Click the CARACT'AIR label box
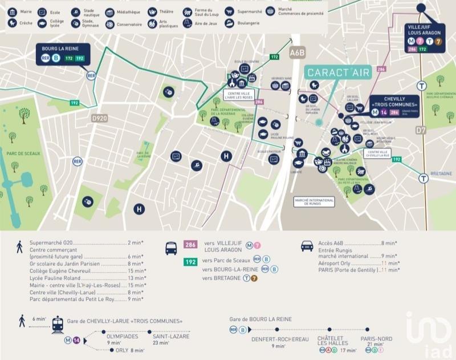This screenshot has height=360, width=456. pos(338,72)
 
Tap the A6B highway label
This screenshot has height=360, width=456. pos(297,52)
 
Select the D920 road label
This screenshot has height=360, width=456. pos(99,118)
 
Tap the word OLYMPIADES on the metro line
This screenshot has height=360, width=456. pos(121,337)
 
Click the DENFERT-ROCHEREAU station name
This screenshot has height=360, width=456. pos(280,339)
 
